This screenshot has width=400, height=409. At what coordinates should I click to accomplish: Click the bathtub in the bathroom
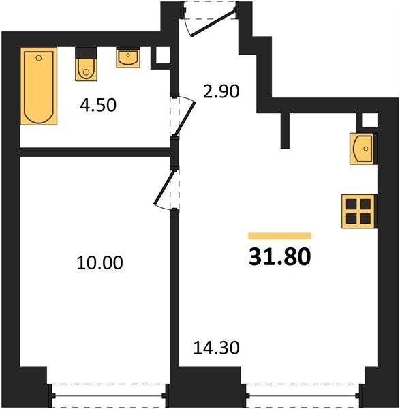click(39, 86)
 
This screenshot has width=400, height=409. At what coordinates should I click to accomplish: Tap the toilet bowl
click(87, 70)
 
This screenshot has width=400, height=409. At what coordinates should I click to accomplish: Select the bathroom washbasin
click(128, 58)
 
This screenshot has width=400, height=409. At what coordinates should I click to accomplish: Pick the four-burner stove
click(359, 211)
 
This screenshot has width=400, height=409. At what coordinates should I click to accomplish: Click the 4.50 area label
click(98, 106)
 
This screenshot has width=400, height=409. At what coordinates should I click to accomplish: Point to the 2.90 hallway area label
click(221, 91)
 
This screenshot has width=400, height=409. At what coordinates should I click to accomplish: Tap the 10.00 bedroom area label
click(100, 262)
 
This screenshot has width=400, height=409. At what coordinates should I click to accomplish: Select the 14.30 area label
click(216, 348)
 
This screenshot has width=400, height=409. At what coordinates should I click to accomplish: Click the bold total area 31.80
click(280, 256)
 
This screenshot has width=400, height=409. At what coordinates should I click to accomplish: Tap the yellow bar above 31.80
click(279, 236)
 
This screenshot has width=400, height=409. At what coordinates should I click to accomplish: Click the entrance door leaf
click(213, 22)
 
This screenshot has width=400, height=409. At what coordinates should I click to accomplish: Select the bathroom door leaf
click(185, 119)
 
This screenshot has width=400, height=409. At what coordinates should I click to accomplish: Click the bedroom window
click(108, 395)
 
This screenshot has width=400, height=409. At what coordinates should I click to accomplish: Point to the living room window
click(303, 395)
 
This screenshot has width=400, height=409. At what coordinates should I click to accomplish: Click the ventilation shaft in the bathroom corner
click(164, 55)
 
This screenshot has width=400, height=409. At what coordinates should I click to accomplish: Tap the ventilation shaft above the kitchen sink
click(369, 120)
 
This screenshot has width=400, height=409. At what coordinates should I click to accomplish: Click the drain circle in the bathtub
click(39, 58)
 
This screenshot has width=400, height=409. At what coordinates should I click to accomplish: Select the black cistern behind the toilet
click(86, 53)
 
